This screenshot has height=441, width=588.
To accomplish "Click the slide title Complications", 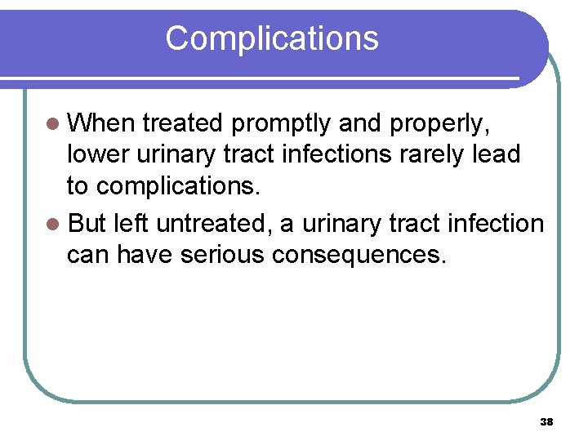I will coord(272,38).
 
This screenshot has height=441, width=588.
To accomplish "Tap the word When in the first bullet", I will coord(100,123).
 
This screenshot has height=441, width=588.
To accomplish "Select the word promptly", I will coord(281,123).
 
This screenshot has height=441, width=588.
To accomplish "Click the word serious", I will coord(223,255).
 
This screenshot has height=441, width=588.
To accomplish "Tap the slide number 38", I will coord(547,422).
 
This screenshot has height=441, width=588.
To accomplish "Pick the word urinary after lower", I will coord(172,154).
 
